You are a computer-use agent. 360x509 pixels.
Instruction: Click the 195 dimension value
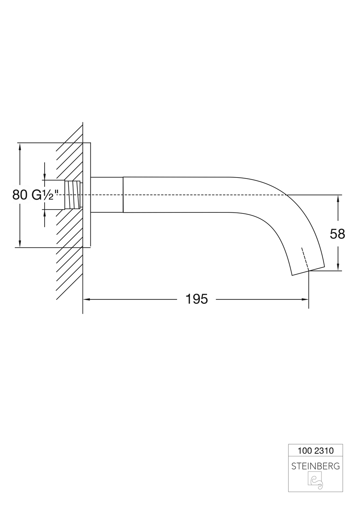pyautogui.click(x=197, y=299)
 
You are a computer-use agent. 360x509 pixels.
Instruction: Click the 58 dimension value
pyautogui.click(x=337, y=234)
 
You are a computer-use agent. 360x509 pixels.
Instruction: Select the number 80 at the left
pyautogui.click(x=20, y=195)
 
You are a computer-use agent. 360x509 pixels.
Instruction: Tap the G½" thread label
pyautogui.click(x=45, y=195)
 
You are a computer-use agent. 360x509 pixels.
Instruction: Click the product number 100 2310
pyautogui.click(x=315, y=450)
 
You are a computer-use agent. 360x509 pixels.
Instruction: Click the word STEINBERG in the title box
pyautogui.click(x=315, y=466)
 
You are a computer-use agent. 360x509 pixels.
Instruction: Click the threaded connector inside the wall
pyautogui.click(x=73, y=195)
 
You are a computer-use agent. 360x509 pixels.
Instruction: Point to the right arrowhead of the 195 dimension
pyautogui.click(x=306, y=299)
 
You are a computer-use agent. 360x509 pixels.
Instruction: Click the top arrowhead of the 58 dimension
pyautogui.click(x=338, y=198)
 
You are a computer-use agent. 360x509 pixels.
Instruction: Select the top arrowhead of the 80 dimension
pyautogui.click(x=20, y=146)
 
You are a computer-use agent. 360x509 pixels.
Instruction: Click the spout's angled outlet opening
pyautogui.click(x=308, y=272)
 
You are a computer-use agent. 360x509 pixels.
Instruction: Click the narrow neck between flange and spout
pyautogui.click(x=107, y=195)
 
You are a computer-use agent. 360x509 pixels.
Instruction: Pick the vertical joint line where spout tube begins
pyautogui.click(x=123, y=195)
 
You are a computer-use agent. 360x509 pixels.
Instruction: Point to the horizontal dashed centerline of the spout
pyautogui.click(x=202, y=195)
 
